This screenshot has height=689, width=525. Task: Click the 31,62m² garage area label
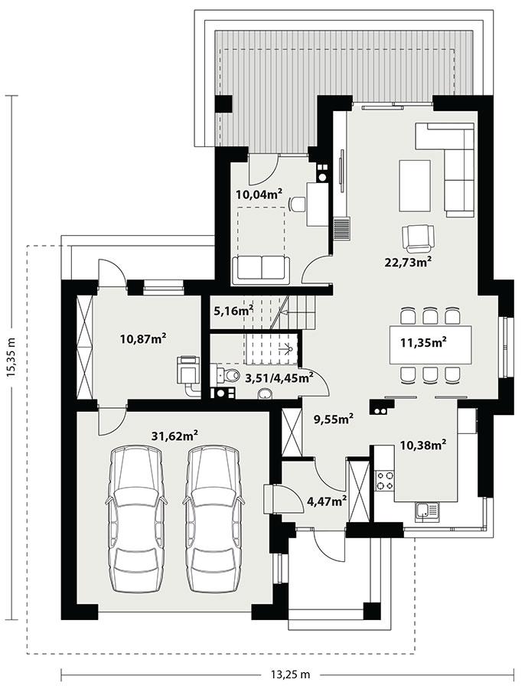tap(174, 436)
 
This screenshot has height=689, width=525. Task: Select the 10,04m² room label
tap(260, 194)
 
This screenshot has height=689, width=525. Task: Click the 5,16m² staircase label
tap(233, 311)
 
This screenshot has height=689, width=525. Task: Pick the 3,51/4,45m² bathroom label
tap(279, 377)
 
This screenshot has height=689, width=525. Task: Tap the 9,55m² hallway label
tap(334, 419)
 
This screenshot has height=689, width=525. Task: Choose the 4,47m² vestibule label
tap(327, 501)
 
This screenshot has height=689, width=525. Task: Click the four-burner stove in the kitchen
tap(385, 480)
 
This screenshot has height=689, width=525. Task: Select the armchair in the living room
tap(418, 237)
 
